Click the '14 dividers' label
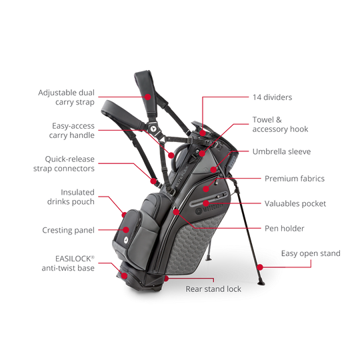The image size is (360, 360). (x=272, y=97)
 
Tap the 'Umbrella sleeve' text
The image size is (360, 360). (x=281, y=151)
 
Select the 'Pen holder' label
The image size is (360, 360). (x=284, y=229)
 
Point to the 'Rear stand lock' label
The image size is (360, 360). (x=213, y=289)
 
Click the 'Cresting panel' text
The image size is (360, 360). (x=68, y=230)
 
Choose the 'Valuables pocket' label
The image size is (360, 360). (x=295, y=203)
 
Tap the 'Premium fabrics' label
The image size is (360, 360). (x=295, y=179)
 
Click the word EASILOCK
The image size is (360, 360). (x=73, y=259)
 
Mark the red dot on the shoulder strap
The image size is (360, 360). (x=148, y=97)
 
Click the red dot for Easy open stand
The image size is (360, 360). (x=260, y=267)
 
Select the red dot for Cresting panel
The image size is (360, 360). (x=126, y=229)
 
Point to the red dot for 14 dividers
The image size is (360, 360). (x=203, y=133)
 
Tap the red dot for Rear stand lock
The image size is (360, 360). (x=166, y=279)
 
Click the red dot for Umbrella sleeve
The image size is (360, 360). (x=213, y=170)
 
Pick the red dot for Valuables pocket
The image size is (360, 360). (x=206, y=203)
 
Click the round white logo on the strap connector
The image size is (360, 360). (x=151, y=128)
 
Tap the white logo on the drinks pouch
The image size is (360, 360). (x=126, y=240)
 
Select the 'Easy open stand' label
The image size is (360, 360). (x=311, y=253)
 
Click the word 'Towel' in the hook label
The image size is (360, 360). (x=263, y=120)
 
